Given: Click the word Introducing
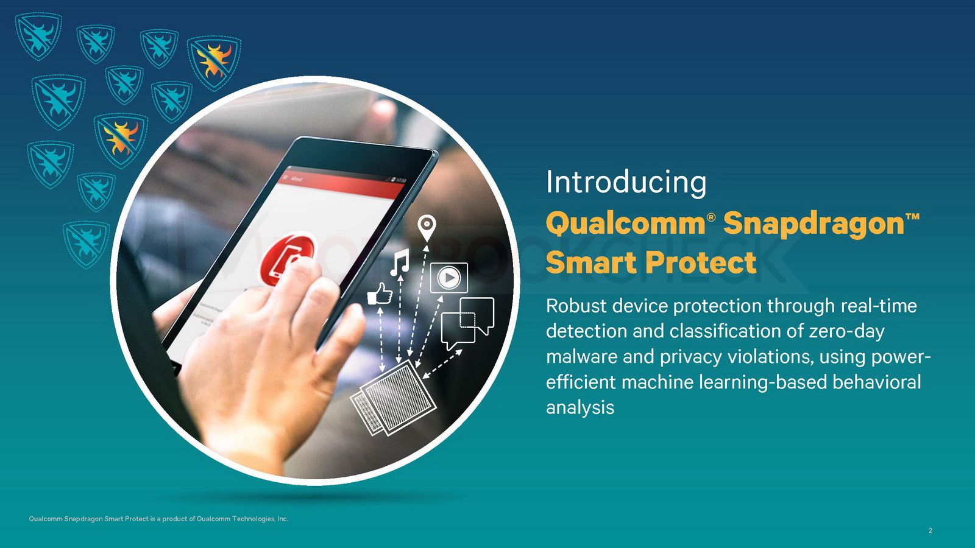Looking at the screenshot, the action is pos(626,183).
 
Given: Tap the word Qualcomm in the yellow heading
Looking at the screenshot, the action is pos(625,223).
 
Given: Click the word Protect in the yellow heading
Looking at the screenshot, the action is pos(701,262).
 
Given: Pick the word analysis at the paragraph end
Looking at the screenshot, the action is pos(580,408).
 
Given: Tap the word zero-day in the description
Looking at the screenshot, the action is pos(846,331).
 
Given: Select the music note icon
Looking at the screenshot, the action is pos(400,262).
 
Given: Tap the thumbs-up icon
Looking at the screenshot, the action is pos(380,293).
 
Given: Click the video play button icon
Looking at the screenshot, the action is pos(448,278).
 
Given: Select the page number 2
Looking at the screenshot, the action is pos(930,530).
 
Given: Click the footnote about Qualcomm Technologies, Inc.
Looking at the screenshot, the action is pos(158,519).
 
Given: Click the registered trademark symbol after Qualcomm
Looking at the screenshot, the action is pos(711,217).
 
